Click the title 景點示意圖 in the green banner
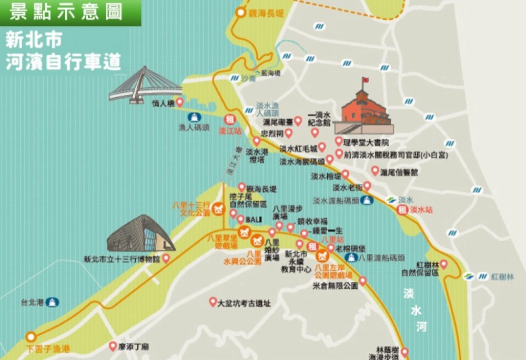[x=66, y=12]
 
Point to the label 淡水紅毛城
[x=298, y=148]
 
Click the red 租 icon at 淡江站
[x=229, y=119]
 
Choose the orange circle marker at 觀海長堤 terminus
[x=241, y=13]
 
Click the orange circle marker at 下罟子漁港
[x=32, y=337]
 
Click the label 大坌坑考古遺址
[x=244, y=303]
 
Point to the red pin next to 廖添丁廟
[x=112, y=346]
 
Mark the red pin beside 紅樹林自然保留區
[x=443, y=264]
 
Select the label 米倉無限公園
[x=335, y=285]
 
